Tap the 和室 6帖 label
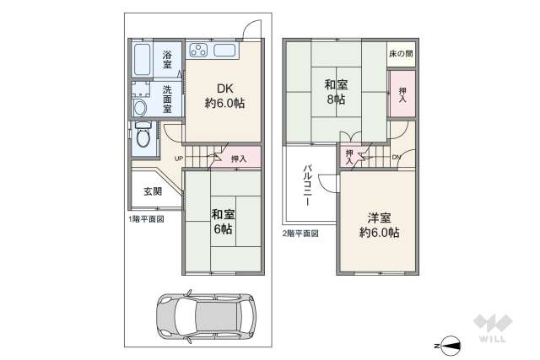(223, 221)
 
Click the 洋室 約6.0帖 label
(379, 223)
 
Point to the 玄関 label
(153, 191)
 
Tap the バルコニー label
(308, 187)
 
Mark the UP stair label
(179, 158)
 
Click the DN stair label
(396, 158)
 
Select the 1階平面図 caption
(146, 218)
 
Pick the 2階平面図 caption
(301, 233)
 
